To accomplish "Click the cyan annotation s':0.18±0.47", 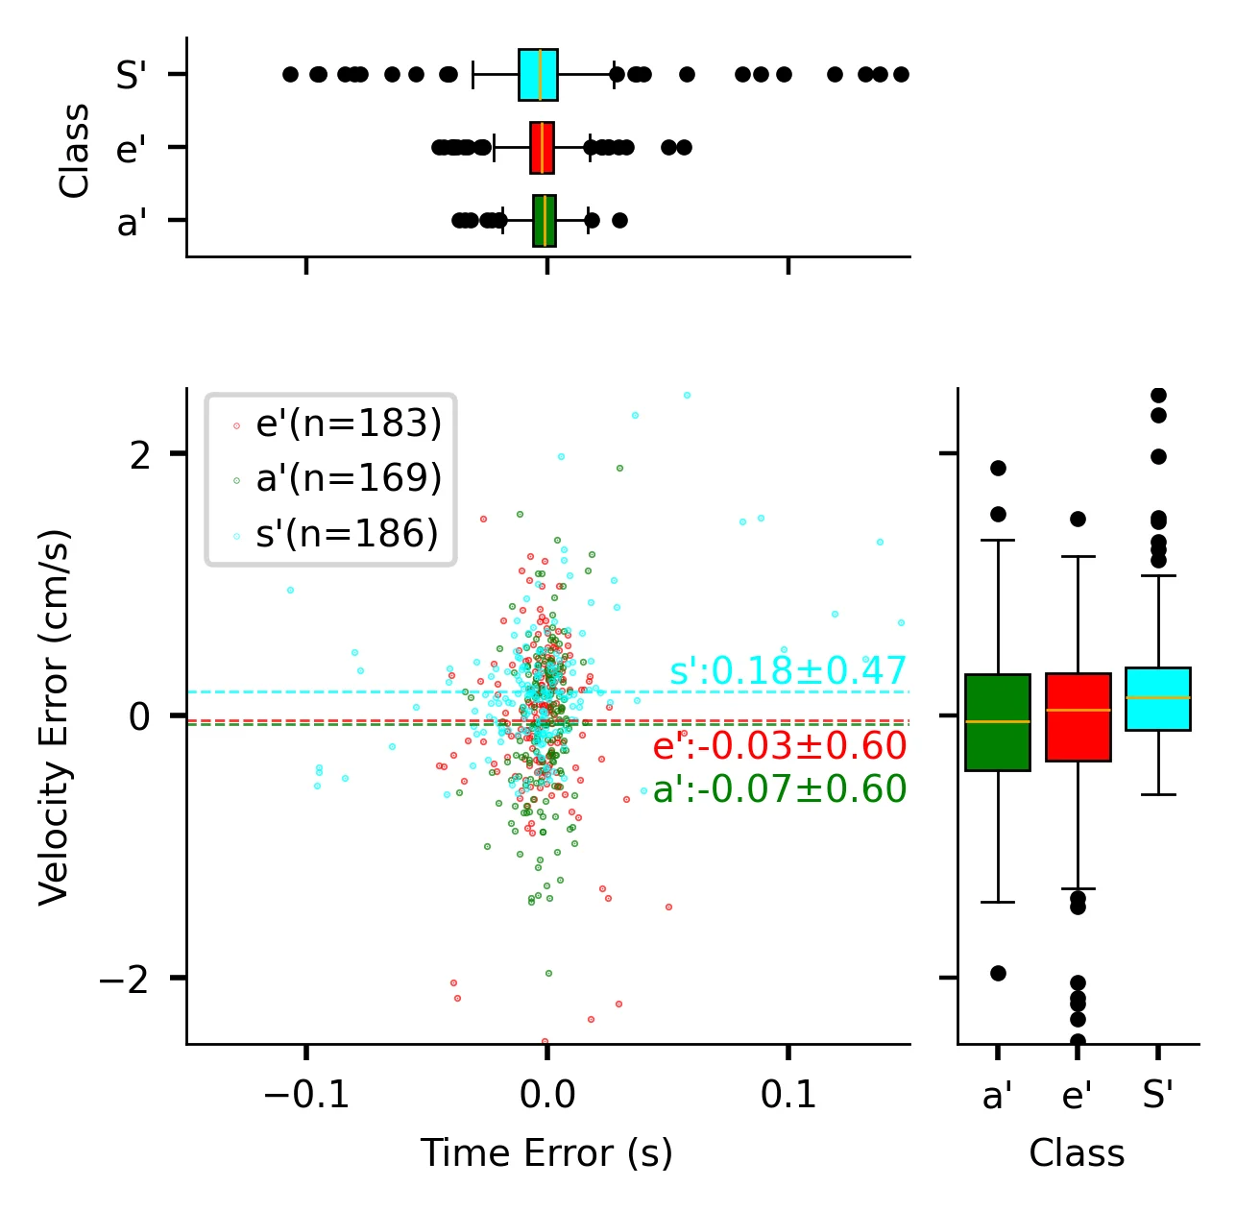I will pyautogui.click(x=788, y=671).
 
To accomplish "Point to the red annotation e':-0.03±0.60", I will pyautogui.click(x=779, y=746).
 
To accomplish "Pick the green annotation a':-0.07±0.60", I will pyautogui.click(x=779, y=789).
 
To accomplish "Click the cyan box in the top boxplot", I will pyautogui.click(x=538, y=74).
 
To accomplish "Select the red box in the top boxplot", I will pyautogui.click(x=542, y=148).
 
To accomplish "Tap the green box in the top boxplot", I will pyautogui.click(x=545, y=221).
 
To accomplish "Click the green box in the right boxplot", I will pyautogui.click(x=997, y=722).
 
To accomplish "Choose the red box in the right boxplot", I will pyautogui.click(x=1078, y=717).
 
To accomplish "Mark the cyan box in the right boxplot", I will pyautogui.click(x=1157, y=698).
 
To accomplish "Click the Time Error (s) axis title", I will pyautogui.click(x=546, y=1153).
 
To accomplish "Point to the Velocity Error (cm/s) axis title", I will pyautogui.click(x=55, y=715).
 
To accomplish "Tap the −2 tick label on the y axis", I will pyautogui.click(x=125, y=978).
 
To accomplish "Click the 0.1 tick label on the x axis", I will pyautogui.click(x=788, y=1094).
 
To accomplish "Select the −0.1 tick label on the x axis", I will pyautogui.click(x=305, y=1094).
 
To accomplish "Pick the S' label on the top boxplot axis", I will pyautogui.click(x=131, y=75).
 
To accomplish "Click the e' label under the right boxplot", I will pyautogui.click(x=1078, y=1095).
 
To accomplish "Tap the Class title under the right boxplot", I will pyautogui.click(x=1077, y=1153).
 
